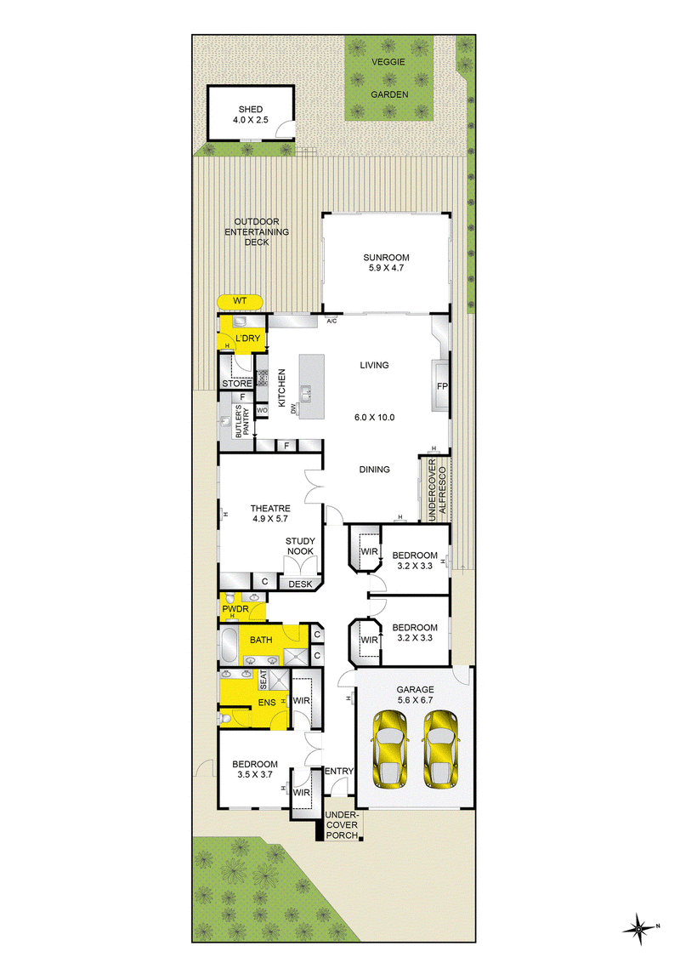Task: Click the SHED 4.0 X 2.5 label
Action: coord(251,115)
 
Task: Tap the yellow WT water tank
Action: coord(240,301)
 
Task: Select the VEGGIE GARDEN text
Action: coord(389,78)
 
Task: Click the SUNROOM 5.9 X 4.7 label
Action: coord(386,263)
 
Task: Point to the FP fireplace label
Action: coord(442,386)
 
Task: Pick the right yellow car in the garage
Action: coord(440,749)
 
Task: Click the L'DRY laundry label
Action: coord(248,339)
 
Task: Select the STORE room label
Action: coord(237,384)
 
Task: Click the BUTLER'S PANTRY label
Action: coord(242,421)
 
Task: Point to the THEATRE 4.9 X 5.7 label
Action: coord(270,514)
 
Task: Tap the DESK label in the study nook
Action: coord(300,584)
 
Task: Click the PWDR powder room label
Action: coord(235,609)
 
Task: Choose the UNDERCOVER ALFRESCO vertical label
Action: coord(437,490)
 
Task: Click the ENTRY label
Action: coord(339,772)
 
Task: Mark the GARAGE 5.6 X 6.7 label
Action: coord(416,695)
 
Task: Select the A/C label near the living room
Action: coord(331,322)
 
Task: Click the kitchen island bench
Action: coord(312,387)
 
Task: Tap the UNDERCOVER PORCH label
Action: coord(342,825)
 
